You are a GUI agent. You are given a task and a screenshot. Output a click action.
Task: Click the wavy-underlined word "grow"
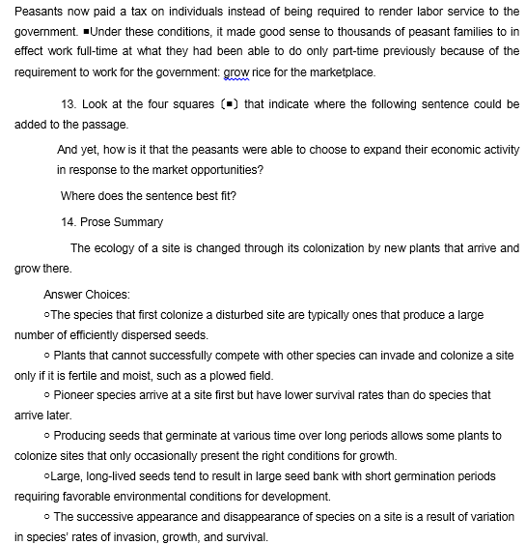click(236, 72)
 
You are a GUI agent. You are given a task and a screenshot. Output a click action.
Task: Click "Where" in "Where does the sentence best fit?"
click(76, 195)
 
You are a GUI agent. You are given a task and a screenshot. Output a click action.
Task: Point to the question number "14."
click(69, 222)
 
